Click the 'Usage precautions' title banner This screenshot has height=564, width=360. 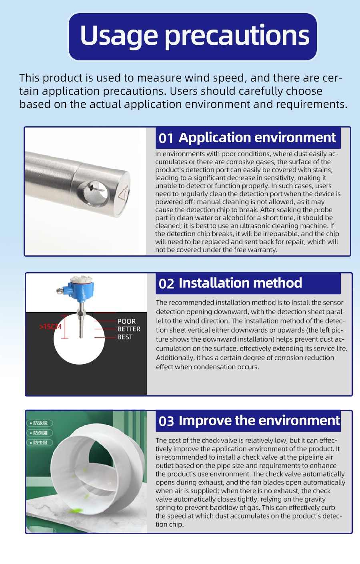click(x=193, y=36)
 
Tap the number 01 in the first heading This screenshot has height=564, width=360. click(x=166, y=138)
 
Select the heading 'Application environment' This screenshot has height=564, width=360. click(x=257, y=138)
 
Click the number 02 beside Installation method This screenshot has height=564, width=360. click(x=166, y=284)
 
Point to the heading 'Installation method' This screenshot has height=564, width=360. click(x=240, y=283)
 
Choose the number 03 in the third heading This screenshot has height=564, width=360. click(x=166, y=421)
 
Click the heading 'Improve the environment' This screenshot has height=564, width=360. click(x=259, y=421)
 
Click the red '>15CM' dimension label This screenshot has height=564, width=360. click(x=50, y=327)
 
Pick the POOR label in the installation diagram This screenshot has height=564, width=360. click(x=126, y=321)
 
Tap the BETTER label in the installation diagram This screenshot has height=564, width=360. click(x=129, y=329)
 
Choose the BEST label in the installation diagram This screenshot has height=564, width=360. click(x=125, y=337)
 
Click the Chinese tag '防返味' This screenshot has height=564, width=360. click(x=40, y=423)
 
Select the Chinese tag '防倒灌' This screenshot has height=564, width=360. click(x=40, y=433)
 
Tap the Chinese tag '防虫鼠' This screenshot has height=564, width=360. click(x=40, y=442)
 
